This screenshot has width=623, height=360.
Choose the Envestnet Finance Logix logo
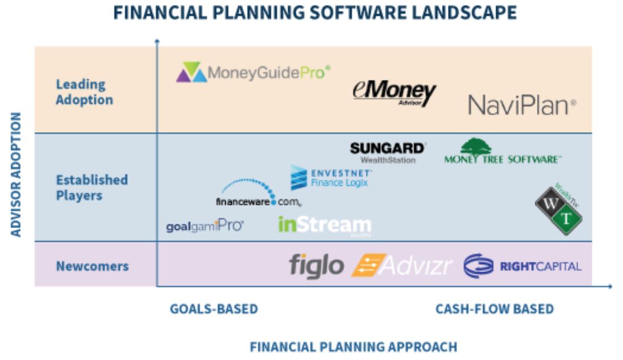click(x=331, y=178)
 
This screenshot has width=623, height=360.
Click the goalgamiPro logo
click(x=204, y=226)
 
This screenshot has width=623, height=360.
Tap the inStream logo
click(x=325, y=225)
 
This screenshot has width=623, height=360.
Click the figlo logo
click(x=317, y=265)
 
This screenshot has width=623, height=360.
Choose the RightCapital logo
click(x=522, y=266)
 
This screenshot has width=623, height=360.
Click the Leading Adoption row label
click(x=84, y=92)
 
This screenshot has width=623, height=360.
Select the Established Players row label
click(x=92, y=187)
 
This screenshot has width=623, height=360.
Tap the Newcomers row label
click(x=92, y=265)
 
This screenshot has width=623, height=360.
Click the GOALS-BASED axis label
click(x=214, y=309)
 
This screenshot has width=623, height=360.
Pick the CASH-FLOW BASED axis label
click(x=494, y=309)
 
